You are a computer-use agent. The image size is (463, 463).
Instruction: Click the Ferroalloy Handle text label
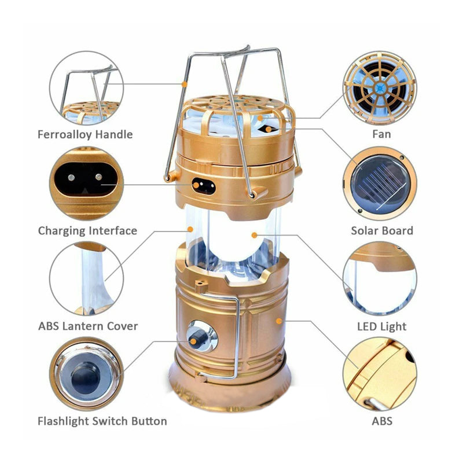coord(85,134)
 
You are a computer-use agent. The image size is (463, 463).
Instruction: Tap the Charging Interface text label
coord(87,230)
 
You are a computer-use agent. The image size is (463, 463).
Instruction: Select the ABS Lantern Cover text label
coord(88,326)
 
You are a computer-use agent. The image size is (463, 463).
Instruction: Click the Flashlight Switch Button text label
coord(102,421)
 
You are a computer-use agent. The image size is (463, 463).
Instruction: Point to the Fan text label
coord(381,134)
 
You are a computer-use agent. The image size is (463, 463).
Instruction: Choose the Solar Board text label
coord(382,230)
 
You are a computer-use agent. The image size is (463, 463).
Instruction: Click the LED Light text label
coord(381,326)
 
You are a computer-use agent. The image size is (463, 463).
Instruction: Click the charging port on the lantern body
coord(204,187)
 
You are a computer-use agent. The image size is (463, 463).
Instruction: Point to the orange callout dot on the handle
coord(184,84)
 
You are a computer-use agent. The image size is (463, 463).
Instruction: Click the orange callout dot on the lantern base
coord(279,319)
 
